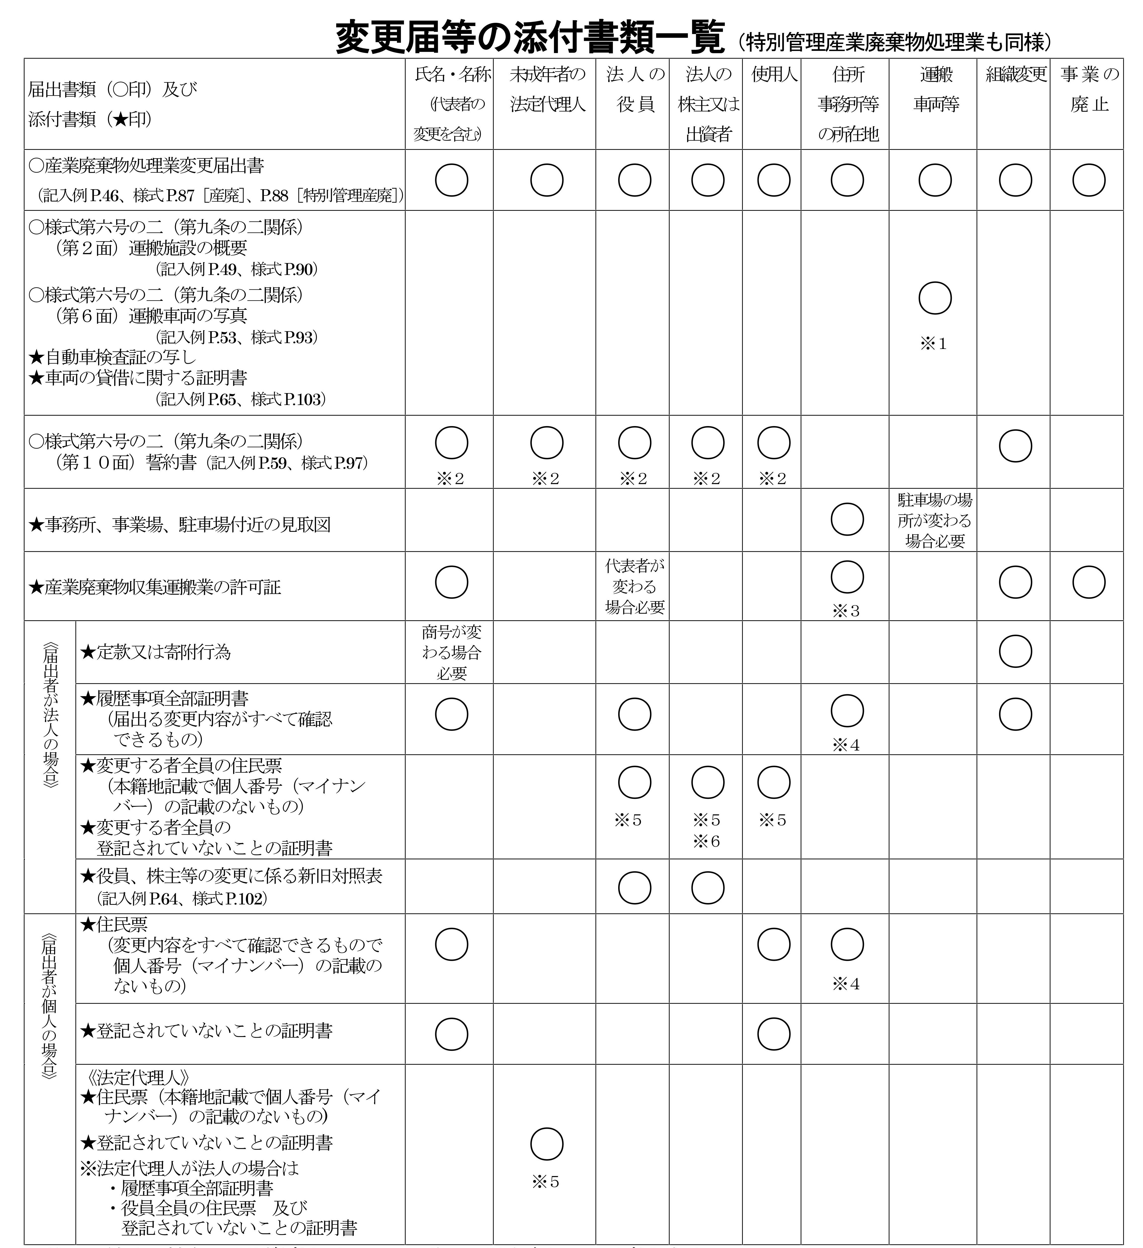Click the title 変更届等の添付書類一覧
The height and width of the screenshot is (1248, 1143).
(x=530, y=38)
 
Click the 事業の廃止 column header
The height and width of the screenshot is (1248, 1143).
(x=1089, y=89)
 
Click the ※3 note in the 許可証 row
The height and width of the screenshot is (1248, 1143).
(x=846, y=611)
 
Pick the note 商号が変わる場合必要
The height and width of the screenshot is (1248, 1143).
(x=452, y=653)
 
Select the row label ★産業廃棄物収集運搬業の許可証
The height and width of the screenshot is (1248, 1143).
(x=155, y=587)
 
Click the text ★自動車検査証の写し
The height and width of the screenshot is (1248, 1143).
(x=113, y=357)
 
